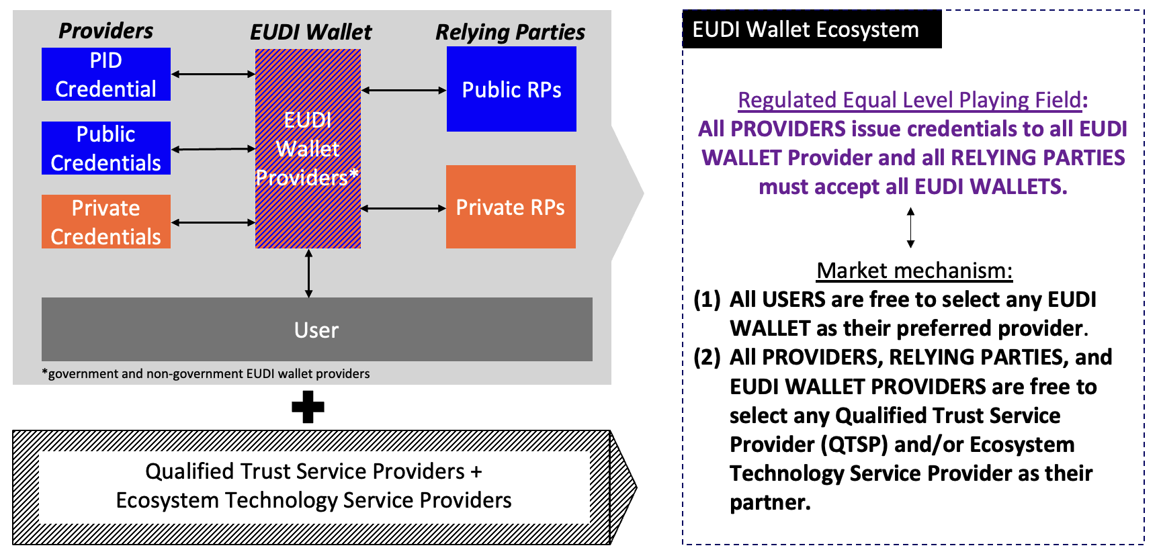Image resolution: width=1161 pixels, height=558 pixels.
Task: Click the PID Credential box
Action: point(106,75)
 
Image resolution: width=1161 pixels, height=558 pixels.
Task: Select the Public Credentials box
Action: point(106,148)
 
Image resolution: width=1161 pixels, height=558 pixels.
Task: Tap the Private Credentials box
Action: point(106,222)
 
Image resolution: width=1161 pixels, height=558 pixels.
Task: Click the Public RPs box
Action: point(511,89)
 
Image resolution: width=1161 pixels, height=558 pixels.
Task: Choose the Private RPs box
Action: point(511,207)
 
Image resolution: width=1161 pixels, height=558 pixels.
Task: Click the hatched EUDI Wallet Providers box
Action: point(308,148)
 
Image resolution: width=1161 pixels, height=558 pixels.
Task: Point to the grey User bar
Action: point(316,330)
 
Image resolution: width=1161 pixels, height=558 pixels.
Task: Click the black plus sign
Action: point(308,407)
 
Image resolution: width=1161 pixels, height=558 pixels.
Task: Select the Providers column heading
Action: point(105,31)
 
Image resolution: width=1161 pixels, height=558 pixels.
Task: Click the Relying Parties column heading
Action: point(510,32)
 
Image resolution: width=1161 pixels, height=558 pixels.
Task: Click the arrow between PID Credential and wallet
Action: point(213,75)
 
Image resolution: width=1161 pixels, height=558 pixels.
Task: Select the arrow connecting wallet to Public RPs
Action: point(404,90)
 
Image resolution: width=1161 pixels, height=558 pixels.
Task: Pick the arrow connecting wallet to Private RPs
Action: point(404,209)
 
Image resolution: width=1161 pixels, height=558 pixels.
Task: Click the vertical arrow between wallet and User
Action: point(308,273)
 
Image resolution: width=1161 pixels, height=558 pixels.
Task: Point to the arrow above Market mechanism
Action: point(910,228)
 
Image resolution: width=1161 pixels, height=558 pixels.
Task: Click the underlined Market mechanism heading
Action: point(914,271)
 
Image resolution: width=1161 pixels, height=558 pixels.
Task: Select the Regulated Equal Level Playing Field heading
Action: point(910,100)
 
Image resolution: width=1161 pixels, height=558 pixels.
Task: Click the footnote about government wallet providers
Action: point(206,374)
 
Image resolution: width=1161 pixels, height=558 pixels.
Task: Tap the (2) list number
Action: point(707,357)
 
